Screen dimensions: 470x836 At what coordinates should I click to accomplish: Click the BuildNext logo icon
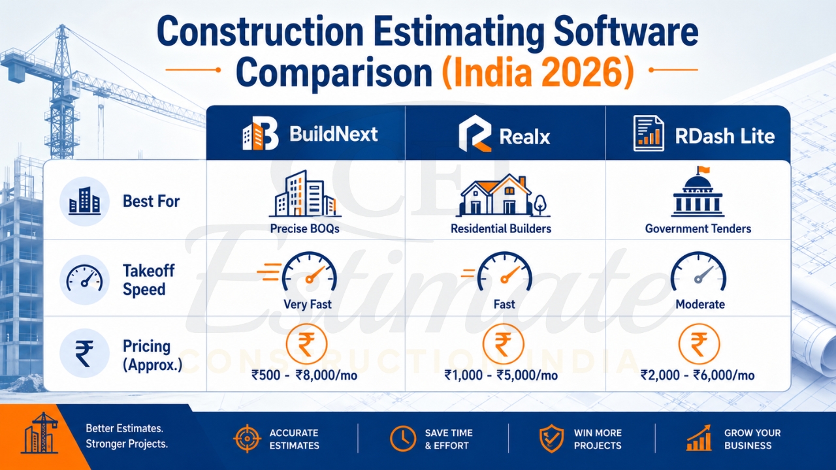[260, 135]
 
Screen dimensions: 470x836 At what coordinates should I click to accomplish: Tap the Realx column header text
[524, 136]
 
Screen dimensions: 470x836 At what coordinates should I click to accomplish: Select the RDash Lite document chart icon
[649, 134]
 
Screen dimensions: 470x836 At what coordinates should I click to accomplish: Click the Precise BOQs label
[305, 228]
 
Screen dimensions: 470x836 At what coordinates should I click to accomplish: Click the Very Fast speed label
[307, 304]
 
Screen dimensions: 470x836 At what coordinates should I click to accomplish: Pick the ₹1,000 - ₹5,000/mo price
[501, 375]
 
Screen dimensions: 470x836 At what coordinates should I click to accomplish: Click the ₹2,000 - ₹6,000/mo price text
[698, 375]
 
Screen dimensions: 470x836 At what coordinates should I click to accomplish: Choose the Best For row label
[151, 201]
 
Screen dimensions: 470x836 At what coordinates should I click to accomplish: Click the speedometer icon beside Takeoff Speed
[84, 279]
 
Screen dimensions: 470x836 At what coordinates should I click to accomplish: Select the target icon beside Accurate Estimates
[247, 439]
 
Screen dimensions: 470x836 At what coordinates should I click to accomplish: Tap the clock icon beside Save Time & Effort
[403, 439]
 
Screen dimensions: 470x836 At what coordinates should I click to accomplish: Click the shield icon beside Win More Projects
[551, 439]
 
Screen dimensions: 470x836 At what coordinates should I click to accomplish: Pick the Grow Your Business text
[752, 439]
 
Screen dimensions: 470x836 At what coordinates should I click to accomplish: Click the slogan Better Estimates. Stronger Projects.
[127, 437]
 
